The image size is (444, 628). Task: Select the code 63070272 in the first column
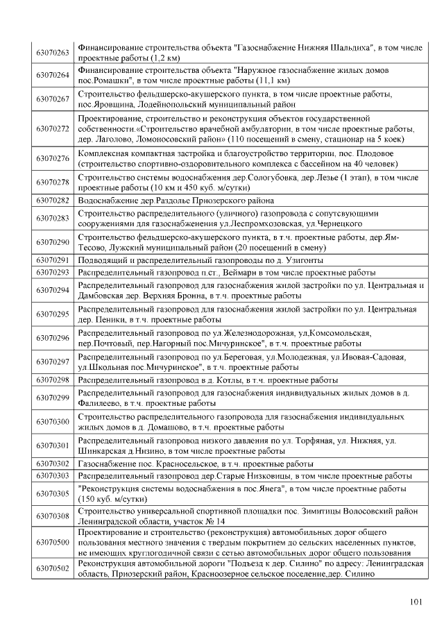(53, 128)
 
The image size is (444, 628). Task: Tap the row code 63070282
(53, 200)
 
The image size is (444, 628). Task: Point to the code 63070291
(53, 260)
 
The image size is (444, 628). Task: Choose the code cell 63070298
(53, 380)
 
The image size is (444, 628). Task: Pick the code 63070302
(53, 463)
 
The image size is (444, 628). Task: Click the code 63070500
(53, 541)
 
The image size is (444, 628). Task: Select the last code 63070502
(53, 568)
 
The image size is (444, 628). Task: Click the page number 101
(416, 602)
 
